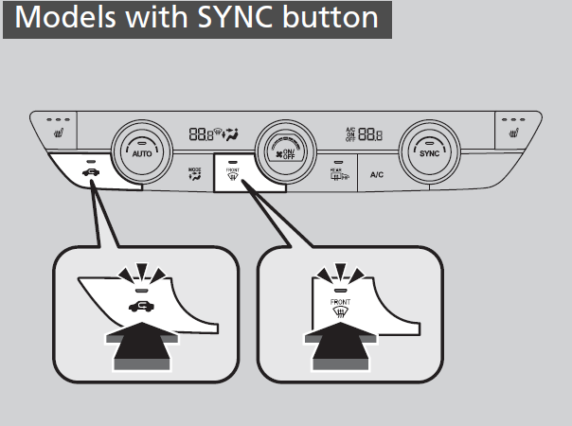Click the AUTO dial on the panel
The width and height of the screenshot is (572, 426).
(x=140, y=151)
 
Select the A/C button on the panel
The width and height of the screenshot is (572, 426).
(x=377, y=174)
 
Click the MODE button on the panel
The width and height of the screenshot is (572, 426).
(x=195, y=173)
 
